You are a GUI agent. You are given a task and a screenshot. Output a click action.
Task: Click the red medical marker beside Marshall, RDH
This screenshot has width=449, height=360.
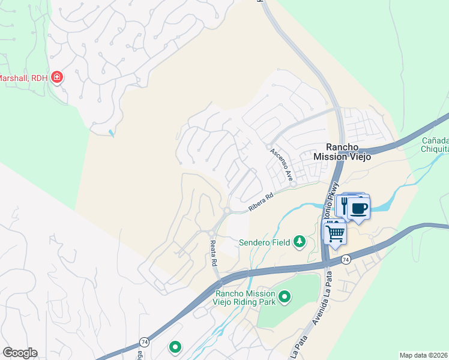point(58,77)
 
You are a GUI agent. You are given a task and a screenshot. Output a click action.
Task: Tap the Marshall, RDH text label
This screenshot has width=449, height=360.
point(23,78)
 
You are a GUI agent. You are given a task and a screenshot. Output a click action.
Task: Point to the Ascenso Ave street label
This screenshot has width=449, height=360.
point(281,166)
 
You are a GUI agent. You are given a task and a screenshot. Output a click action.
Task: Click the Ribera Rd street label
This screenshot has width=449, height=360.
point(261,202)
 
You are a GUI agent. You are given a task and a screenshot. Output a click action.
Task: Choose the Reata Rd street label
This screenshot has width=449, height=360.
point(212,253)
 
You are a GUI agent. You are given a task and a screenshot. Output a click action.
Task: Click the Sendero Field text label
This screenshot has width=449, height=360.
point(265,242)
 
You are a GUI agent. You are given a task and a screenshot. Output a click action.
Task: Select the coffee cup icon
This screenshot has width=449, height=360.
point(359,208)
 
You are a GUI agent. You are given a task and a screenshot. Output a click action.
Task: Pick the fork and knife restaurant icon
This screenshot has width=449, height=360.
point(346,205)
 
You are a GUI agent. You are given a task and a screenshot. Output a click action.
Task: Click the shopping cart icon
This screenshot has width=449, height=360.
point(335,232)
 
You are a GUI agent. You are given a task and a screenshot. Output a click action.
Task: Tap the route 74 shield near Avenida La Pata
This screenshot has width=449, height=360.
point(345,259)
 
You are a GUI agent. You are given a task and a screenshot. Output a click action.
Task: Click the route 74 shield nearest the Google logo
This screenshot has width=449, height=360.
point(144,341)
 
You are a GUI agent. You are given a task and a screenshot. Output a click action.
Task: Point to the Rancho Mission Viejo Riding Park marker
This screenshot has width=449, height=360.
point(285,296)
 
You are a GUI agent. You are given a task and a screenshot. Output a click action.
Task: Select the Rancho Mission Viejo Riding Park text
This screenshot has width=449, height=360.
point(245,298)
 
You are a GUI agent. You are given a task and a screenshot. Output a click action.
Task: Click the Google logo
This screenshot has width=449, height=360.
point(20,353)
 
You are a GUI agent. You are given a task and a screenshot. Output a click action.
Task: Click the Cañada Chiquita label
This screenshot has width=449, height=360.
point(435,145)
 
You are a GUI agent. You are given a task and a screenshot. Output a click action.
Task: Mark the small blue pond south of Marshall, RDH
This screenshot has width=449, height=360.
point(111,132)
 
